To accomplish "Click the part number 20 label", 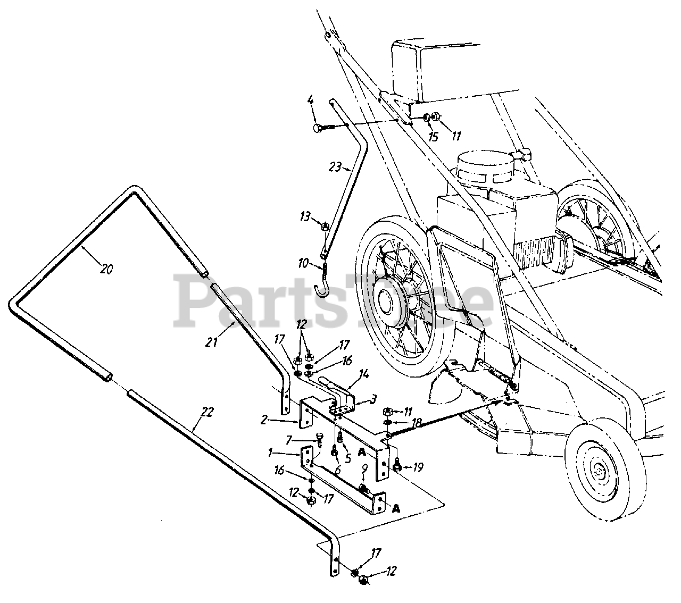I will click(106, 269).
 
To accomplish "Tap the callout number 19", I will click(418, 468).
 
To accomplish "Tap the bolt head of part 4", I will click(318, 128).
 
